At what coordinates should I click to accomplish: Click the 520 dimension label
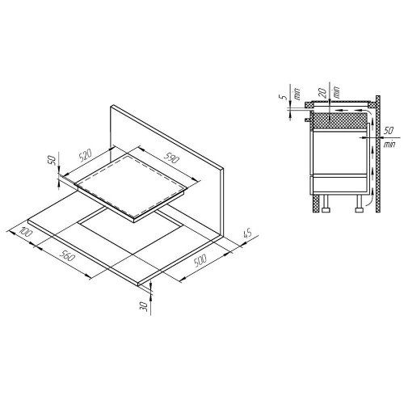[x=86, y=155]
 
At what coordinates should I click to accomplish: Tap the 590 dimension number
[x=171, y=158]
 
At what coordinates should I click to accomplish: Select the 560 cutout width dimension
[x=67, y=255]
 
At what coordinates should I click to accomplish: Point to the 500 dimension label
[x=200, y=260]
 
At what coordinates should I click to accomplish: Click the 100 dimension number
[x=26, y=232]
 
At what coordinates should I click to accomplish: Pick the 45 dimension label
[x=247, y=233]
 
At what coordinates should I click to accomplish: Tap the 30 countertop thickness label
[x=145, y=306]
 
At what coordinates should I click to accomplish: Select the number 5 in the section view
[x=285, y=97]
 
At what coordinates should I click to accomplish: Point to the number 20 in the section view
[x=323, y=92]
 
